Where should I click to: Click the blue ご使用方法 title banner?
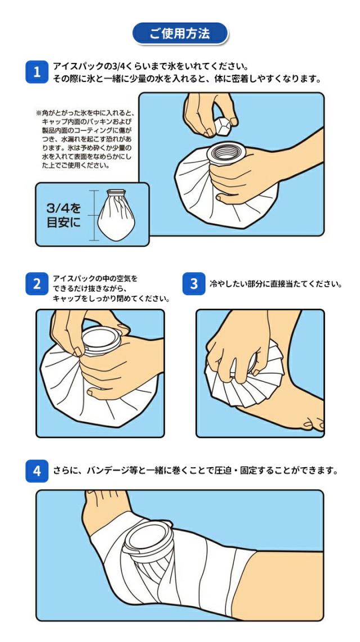pos(180,34)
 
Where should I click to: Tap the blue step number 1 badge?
pos(37,72)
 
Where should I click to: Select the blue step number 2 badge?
pos(37,283)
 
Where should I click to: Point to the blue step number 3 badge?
pos(193,283)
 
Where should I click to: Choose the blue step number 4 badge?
pos(37,471)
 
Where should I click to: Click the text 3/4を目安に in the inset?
pos(64,215)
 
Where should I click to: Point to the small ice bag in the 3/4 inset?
pos(116,215)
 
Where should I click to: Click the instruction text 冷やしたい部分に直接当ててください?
pos(276,284)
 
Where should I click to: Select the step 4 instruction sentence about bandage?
pos(196,471)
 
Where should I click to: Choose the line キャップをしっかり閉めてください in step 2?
pos(111,299)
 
